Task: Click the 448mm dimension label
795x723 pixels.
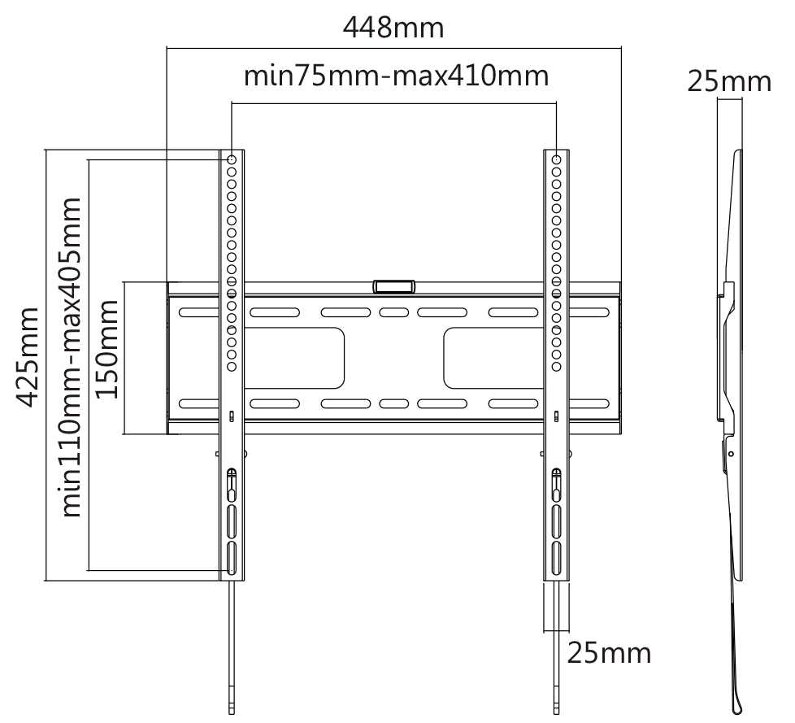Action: pyautogui.click(x=393, y=28)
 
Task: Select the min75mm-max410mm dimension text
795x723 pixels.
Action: pyautogui.click(x=397, y=76)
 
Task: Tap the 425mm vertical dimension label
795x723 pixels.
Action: pyautogui.click(x=27, y=357)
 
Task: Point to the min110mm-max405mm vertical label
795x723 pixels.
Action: pyautogui.click(x=71, y=357)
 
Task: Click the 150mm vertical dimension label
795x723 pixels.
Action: pyautogui.click(x=106, y=349)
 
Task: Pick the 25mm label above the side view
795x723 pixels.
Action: pyautogui.click(x=729, y=81)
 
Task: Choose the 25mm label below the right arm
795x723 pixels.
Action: pyautogui.click(x=609, y=653)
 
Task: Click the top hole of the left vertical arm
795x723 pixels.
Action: pyautogui.click(x=232, y=159)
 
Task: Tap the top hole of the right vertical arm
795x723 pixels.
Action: pyautogui.click(x=556, y=159)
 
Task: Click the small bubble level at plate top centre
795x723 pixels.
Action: pyautogui.click(x=394, y=286)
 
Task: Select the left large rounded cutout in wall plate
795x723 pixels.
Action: pyautogui.click(x=294, y=358)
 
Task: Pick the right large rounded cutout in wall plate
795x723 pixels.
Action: pyautogui.click(x=494, y=358)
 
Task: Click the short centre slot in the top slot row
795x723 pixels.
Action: pyautogui.click(x=394, y=312)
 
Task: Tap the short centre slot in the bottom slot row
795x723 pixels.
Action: pyautogui.click(x=394, y=404)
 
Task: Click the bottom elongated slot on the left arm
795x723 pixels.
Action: pyautogui.click(x=231, y=558)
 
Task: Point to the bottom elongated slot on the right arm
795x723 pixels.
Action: pyautogui.click(x=556, y=558)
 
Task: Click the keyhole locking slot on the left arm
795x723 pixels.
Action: pyautogui.click(x=231, y=486)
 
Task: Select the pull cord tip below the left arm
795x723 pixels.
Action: pyautogui.click(x=232, y=706)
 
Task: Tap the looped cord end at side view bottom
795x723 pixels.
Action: pyautogui.click(x=737, y=704)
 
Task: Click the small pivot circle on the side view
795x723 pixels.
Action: pyautogui.click(x=731, y=454)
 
